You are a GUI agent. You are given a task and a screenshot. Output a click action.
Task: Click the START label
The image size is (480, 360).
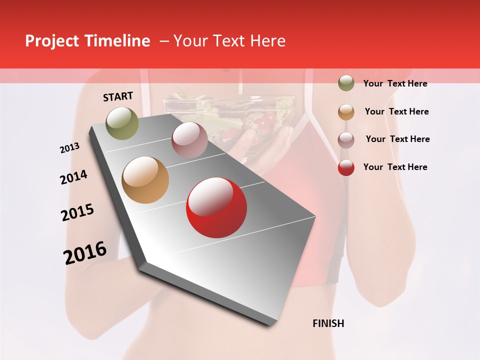[x=118, y=96]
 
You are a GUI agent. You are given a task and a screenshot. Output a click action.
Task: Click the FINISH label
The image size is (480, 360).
[x=328, y=323]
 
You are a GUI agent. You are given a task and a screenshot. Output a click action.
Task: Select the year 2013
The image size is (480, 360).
[x=69, y=147]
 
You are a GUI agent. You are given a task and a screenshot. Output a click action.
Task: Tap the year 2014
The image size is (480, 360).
[x=73, y=177]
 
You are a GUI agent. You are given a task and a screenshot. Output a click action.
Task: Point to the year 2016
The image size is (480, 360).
[x=85, y=253]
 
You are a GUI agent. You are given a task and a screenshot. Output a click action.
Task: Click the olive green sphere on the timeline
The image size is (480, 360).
[x=122, y=123]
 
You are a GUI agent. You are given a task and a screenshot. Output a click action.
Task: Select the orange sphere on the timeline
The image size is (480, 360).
[x=145, y=180]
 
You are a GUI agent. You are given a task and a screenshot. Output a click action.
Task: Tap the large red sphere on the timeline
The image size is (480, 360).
[x=216, y=207]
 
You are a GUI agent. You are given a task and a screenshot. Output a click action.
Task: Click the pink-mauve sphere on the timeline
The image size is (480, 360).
[x=189, y=140]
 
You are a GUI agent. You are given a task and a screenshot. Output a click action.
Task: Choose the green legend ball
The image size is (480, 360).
[x=346, y=83]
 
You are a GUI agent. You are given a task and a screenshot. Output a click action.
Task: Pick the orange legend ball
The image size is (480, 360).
[x=346, y=112]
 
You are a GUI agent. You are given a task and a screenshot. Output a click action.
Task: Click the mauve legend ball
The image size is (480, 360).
[x=346, y=140]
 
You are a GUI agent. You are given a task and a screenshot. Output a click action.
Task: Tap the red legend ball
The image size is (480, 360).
[x=346, y=167]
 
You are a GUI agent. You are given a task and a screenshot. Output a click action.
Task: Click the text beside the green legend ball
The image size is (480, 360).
[x=395, y=83]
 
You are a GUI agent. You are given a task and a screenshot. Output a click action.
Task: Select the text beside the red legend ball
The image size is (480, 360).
[x=395, y=167]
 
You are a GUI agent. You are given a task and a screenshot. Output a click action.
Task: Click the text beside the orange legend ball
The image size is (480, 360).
[x=396, y=111]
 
